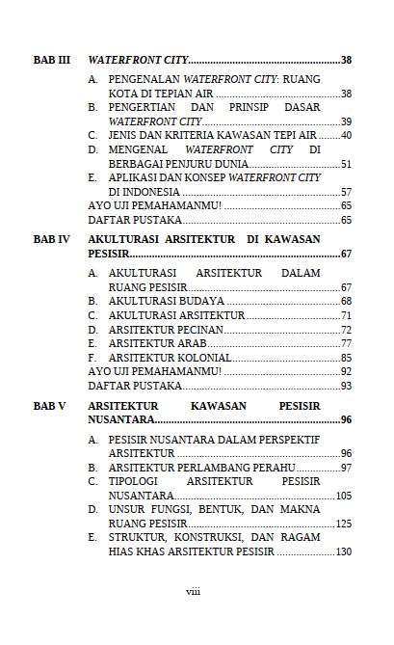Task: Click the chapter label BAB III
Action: pyautogui.click(x=52, y=60)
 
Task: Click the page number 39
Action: pyautogui.click(x=346, y=121)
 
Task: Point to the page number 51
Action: pyautogui.click(x=346, y=165)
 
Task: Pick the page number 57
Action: pyautogui.click(x=346, y=192)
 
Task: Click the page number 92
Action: pyautogui.click(x=346, y=371)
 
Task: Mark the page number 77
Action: pyautogui.click(x=346, y=343)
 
